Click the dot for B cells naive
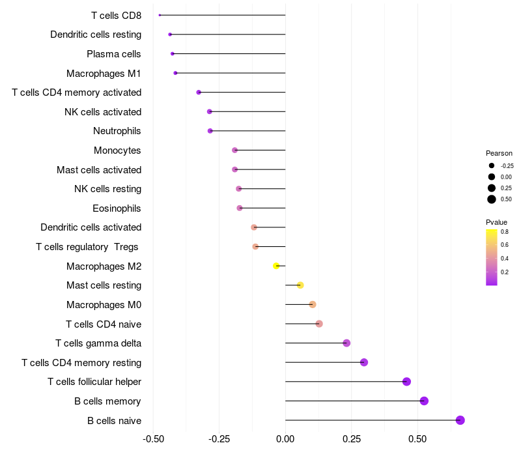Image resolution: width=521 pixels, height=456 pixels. click(460, 420)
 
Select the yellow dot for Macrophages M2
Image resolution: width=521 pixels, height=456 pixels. click(276, 266)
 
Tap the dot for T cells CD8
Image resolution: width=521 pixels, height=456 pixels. click(160, 15)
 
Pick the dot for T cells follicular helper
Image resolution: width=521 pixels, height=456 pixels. click(406, 382)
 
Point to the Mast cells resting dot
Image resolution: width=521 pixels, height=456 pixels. click(300, 285)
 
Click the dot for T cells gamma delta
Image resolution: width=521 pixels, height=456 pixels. click(346, 343)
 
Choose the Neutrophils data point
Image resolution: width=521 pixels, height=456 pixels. click(210, 131)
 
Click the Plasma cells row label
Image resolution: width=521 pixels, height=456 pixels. click(114, 53)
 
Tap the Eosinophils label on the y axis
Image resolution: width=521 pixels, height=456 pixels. click(117, 208)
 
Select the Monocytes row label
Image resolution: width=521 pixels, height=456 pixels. click(117, 150)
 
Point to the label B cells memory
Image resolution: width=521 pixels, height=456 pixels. click(107, 401)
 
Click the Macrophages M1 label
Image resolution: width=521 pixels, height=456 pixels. click(104, 73)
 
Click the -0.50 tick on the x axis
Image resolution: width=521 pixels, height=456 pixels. click(153, 440)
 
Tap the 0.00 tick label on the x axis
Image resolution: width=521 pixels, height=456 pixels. click(285, 440)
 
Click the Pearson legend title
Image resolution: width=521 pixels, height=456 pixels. click(499, 153)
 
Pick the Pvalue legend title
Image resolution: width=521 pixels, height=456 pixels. click(496, 222)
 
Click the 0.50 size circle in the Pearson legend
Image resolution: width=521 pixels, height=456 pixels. click(492, 199)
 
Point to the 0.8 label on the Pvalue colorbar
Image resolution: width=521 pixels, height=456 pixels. click(505, 232)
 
